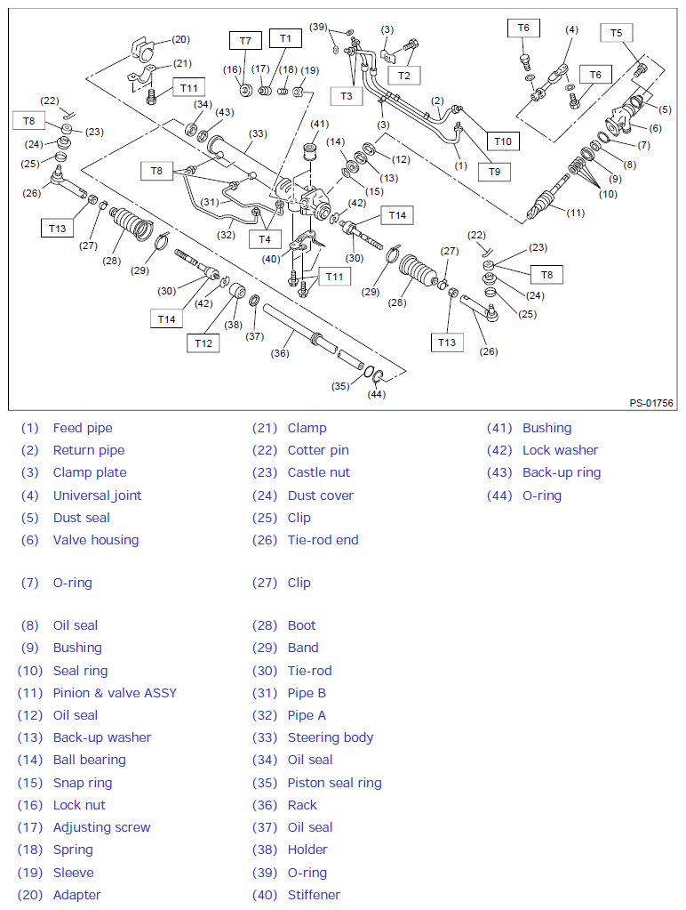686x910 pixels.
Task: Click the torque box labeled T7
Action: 245,41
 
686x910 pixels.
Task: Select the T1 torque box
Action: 284,38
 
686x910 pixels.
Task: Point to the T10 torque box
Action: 503,141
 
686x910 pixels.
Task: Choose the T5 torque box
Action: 617,33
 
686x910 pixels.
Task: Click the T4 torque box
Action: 265,238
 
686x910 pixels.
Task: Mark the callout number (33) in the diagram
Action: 258,134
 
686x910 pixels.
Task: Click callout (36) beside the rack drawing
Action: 281,353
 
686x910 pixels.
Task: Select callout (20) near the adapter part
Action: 180,39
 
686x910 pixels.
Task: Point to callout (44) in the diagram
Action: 377,394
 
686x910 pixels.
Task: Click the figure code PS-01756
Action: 651,403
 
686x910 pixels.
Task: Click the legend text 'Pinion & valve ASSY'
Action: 115,693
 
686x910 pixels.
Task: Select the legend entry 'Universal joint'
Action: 97,495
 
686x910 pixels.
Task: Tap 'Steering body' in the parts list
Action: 330,737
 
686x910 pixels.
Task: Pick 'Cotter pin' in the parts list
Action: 318,450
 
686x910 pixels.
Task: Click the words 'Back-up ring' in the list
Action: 561,472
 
